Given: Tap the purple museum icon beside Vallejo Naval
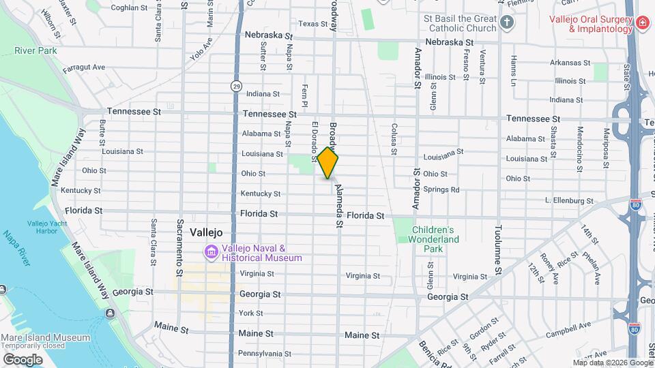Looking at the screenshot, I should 211,253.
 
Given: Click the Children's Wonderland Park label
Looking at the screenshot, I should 435,239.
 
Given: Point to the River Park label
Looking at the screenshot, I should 35,50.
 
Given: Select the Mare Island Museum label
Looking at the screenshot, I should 45,337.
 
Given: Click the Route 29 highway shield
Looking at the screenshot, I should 235,85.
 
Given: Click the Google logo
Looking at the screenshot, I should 23,359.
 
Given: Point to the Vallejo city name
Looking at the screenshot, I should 206,232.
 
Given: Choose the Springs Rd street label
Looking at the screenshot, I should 441,189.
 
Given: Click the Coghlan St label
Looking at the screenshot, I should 129,8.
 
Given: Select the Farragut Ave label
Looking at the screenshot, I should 84,67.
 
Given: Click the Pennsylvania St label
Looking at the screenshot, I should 265,354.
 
